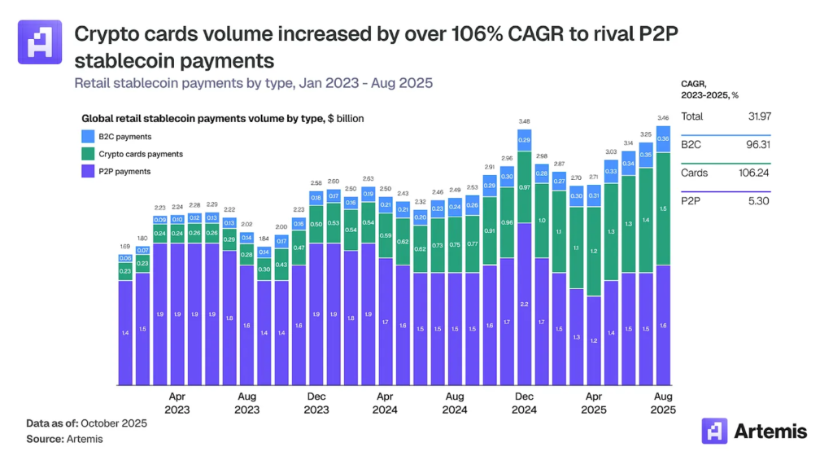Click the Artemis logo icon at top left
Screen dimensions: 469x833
pos(39,42)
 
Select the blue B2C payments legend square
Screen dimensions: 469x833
pos(87,137)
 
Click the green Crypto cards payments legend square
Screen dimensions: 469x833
pos(87,154)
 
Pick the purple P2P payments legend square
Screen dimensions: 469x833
pos(87,171)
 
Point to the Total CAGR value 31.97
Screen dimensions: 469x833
pos(757,116)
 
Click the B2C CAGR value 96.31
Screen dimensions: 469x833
pos(757,145)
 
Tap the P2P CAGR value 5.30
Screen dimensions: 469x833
pos(758,200)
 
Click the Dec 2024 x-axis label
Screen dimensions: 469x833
pos(525,404)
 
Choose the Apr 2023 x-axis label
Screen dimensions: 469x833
pos(177,404)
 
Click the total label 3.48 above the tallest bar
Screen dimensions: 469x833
pos(524,122)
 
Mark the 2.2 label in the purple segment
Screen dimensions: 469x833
pos(524,304)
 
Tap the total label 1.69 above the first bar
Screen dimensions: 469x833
pos(125,245)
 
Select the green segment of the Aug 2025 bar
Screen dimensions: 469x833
pos(663,208)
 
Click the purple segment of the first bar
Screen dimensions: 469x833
pos(125,332)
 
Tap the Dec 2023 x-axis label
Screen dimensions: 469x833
pos(316,404)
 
